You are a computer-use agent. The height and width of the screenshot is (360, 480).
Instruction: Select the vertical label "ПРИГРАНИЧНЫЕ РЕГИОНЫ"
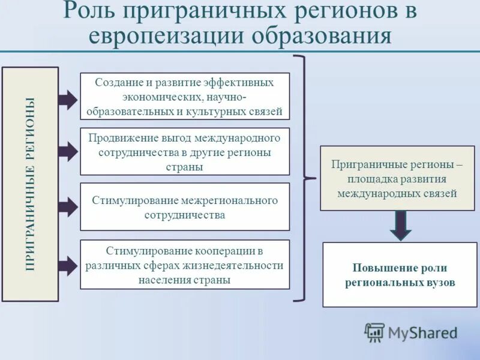tap(30, 184)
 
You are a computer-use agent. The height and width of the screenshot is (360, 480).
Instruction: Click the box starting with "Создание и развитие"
tap(185, 97)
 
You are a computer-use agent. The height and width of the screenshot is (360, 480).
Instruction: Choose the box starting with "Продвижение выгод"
tap(185, 152)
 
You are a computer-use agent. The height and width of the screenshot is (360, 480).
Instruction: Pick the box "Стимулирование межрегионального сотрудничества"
tap(185, 207)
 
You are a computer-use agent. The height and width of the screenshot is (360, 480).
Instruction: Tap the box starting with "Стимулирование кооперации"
tap(185, 265)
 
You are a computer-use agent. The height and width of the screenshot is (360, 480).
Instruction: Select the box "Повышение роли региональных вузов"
tap(400, 275)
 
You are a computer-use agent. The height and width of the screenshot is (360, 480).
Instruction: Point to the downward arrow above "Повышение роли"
tap(400, 226)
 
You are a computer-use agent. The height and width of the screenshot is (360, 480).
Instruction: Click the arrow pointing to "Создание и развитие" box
tap(68, 98)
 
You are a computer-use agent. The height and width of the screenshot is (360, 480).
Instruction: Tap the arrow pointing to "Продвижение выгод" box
tap(68, 151)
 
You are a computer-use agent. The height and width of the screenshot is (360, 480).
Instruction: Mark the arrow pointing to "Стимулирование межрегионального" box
tap(68, 207)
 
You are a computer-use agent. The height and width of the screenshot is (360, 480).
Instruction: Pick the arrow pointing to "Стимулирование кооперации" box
tap(68, 265)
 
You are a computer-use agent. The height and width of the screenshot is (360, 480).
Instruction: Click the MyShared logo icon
tap(374, 332)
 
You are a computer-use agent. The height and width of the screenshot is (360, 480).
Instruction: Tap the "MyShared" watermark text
tap(422, 332)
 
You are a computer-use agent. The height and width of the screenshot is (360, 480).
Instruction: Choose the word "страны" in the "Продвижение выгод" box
tap(185, 167)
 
